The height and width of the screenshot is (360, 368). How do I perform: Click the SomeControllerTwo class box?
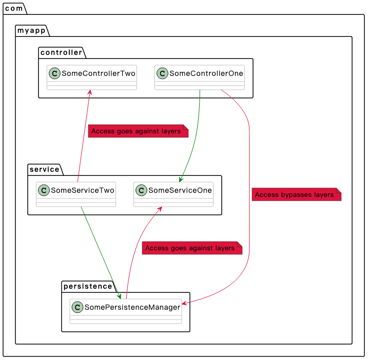92,77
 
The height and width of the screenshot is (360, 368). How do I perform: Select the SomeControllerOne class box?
200,77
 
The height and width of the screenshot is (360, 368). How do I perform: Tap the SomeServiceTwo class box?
76,194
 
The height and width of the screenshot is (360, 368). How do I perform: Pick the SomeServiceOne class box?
173,194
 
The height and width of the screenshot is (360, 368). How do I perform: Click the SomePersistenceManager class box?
126,311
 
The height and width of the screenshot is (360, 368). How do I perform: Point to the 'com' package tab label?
14,8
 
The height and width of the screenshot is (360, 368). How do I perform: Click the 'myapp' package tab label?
31,30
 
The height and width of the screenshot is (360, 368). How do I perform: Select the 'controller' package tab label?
61,52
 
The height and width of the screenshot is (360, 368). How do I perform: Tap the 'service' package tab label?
44,169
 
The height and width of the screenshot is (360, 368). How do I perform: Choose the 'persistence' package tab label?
88,286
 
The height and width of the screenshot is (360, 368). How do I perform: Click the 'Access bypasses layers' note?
297,194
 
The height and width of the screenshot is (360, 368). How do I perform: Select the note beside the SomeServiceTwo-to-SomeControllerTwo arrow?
138,131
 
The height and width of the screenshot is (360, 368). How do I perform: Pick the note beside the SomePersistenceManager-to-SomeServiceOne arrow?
192,248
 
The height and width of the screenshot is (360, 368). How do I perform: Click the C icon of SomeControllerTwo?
54,73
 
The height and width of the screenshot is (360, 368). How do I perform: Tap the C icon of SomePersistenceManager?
78,307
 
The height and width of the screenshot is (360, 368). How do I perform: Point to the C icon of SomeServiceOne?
141,190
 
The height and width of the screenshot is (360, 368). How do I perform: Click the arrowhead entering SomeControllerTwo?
90,92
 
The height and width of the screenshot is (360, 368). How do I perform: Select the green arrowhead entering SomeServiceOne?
181,179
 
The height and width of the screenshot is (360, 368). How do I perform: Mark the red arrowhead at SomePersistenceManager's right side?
184,303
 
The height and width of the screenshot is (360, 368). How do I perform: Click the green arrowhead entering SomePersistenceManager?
119,296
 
